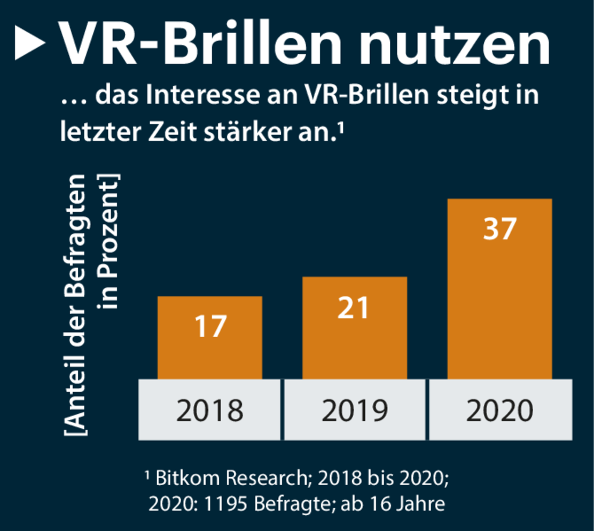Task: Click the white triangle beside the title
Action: point(29,44)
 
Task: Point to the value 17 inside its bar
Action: point(209,326)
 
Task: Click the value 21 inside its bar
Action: point(354,308)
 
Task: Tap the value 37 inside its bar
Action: point(499,229)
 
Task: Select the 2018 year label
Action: point(209,410)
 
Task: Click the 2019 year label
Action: point(354,410)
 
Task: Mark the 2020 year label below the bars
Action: point(500,410)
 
